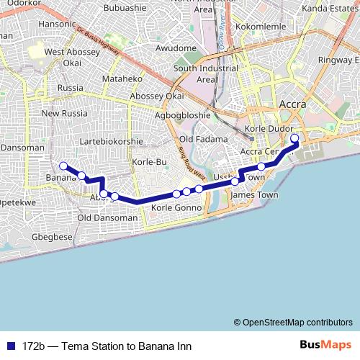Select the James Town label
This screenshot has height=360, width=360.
(253, 194)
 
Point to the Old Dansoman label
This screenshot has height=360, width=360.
(107, 217)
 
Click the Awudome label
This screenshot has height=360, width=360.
(176, 48)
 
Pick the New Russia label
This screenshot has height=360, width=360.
(64, 113)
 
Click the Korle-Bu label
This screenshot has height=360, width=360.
(150, 162)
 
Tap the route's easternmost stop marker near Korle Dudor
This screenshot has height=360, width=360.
(294, 139)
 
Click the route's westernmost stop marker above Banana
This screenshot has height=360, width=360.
(63, 166)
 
